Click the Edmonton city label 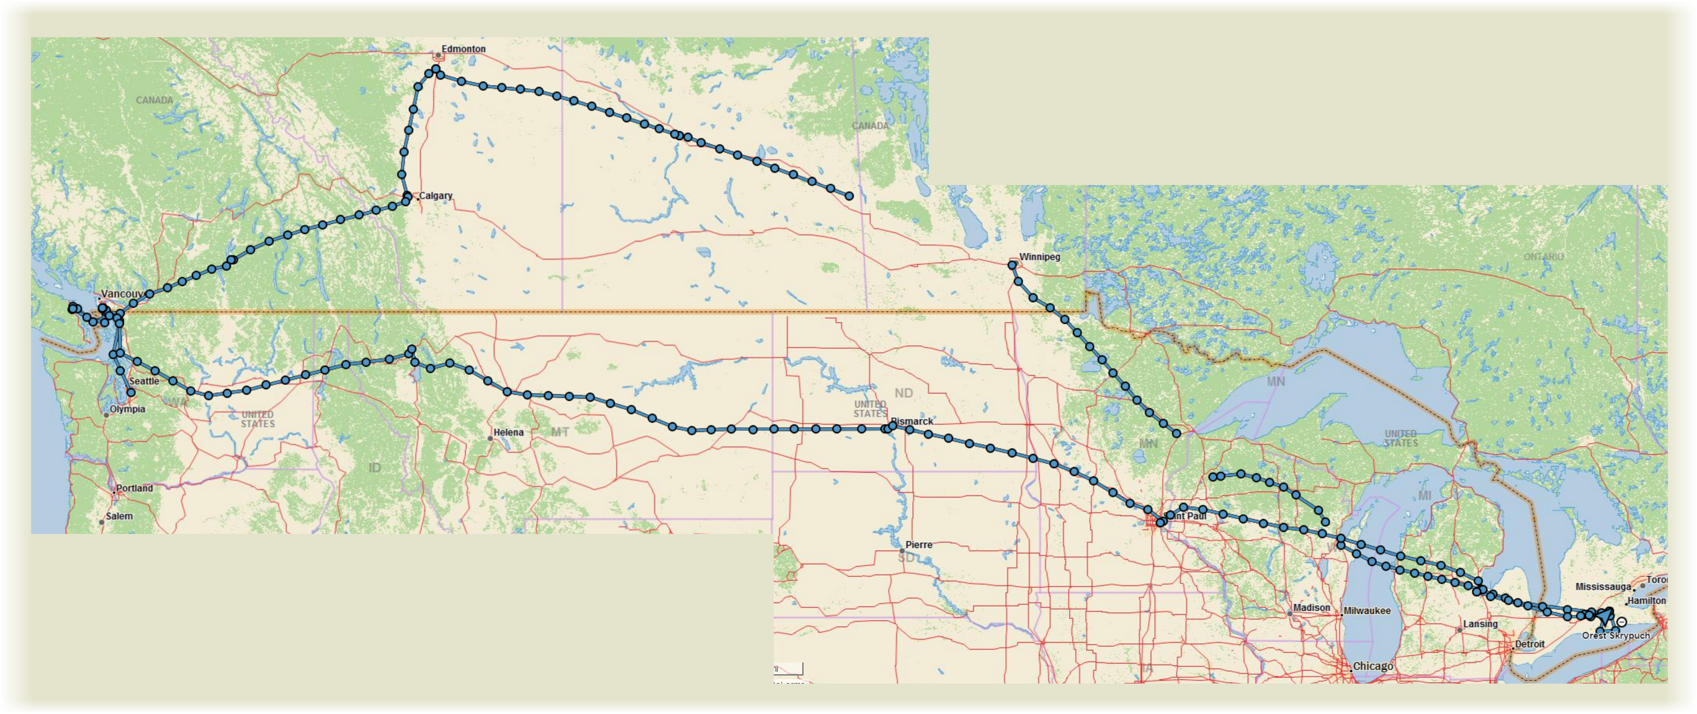click(463, 49)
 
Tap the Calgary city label click(436, 196)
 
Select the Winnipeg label click(1039, 256)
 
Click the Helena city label click(508, 433)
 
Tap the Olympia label click(127, 409)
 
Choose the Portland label click(135, 489)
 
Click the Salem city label click(119, 516)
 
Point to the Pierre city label click(918, 545)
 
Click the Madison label click(1311, 608)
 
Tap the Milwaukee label click(1367, 610)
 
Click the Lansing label click(1480, 624)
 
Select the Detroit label click(1529, 643)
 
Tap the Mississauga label click(1603, 586)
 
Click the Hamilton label click(1646, 600)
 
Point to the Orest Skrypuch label click(1616, 636)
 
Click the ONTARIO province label click(1544, 256)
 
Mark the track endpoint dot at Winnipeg click(1013, 265)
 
